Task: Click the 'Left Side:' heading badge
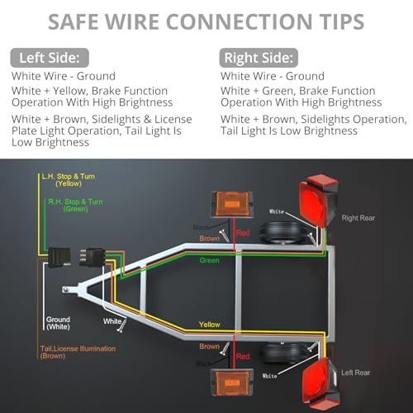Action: [50, 58]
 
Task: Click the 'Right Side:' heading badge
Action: [259, 58]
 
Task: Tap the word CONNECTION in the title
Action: [239, 21]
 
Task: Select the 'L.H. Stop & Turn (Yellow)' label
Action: [69, 180]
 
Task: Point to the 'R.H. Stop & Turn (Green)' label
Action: [75, 205]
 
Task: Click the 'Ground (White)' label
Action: [58, 323]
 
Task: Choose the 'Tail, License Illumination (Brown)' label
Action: [78, 352]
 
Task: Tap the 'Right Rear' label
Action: [358, 218]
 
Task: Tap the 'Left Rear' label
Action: [355, 373]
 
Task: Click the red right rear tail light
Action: [318, 201]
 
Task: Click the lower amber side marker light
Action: [232, 382]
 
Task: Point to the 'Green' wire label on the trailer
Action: [210, 260]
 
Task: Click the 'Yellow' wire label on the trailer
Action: [210, 325]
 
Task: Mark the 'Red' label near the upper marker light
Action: [243, 233]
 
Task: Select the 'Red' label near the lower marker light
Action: [243, 357]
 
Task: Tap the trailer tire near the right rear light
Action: [283, 233]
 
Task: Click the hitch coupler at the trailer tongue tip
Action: [66, 289]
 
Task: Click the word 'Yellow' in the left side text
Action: [69, 91]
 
